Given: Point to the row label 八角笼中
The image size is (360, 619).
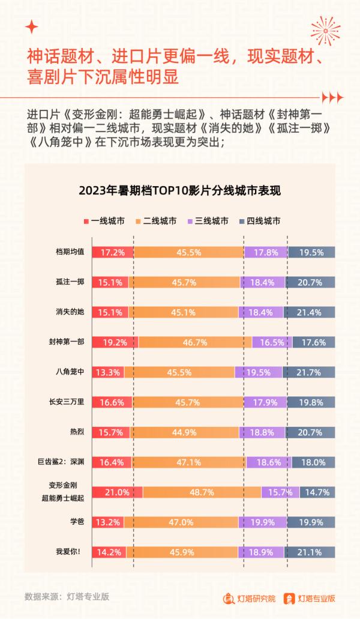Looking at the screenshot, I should pos(69,372).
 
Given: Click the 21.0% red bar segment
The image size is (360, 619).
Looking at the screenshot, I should pos(117,492).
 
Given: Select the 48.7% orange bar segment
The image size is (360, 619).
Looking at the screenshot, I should pos(202,492).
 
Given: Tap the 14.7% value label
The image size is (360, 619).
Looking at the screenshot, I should pos(317,492).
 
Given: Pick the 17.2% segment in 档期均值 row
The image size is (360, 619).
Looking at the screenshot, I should pos(113,253).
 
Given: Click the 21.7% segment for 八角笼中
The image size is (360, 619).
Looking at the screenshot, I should pos(311,372).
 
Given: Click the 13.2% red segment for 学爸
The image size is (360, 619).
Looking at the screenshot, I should pos(108,522).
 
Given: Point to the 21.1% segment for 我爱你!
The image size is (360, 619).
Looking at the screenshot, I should pos(311,552).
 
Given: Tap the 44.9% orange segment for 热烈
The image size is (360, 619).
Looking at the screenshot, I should pos(185,432).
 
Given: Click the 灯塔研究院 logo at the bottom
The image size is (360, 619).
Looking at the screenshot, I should pos(249,598).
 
